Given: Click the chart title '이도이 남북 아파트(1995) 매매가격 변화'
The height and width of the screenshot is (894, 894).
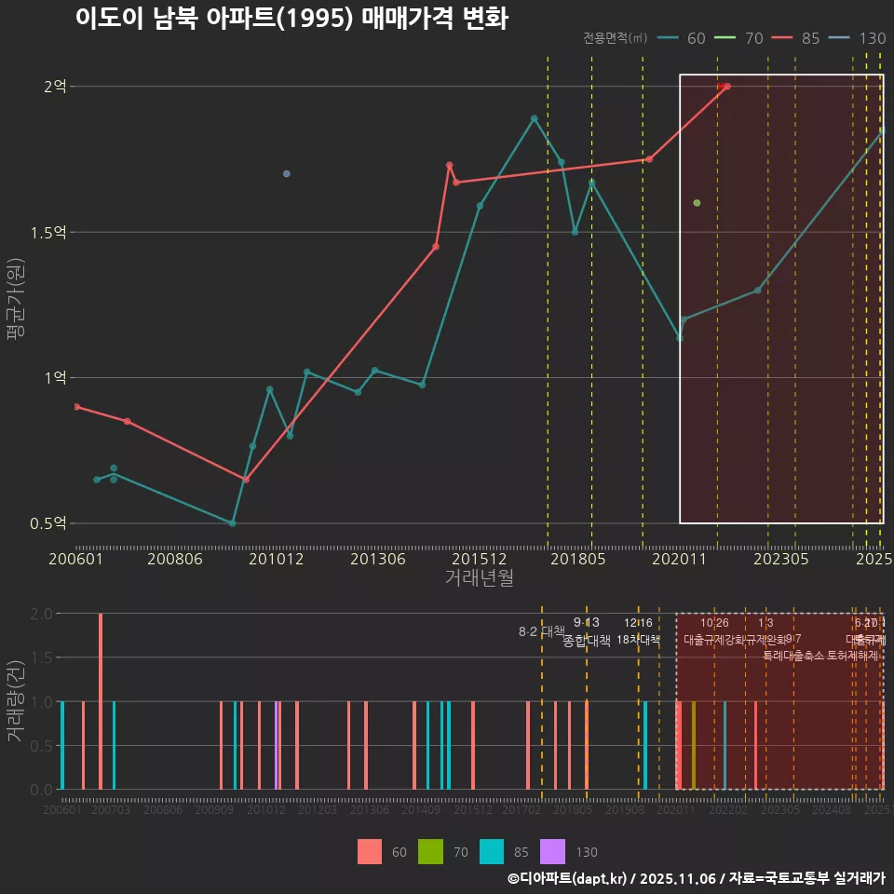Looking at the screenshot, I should [291, 19].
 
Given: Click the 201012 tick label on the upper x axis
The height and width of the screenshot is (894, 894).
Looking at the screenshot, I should [277, 559].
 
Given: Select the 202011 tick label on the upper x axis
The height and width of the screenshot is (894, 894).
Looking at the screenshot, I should [680, 559].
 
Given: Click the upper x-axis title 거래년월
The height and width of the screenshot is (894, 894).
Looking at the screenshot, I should [479, 578].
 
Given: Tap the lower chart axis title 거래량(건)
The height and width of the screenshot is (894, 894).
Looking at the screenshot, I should [16, 701].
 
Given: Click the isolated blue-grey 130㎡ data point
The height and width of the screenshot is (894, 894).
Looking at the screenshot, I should [286, 174].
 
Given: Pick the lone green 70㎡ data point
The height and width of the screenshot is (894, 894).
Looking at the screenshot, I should [697, 203].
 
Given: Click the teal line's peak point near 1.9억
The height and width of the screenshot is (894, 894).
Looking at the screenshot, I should [534, 118].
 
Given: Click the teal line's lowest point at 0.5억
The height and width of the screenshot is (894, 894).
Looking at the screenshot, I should [232, 523].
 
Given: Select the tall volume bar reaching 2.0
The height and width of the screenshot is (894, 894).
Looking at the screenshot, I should [101, 700].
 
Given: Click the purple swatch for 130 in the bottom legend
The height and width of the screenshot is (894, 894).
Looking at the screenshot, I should [552, 851].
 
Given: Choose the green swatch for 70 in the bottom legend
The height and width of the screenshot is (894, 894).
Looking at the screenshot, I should [430, 851].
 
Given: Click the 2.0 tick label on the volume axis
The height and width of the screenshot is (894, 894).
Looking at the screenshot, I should [42, 614].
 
